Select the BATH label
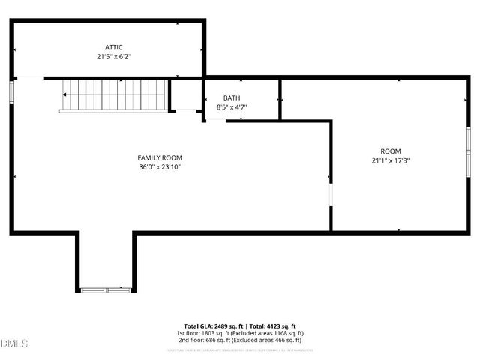coord(232,98)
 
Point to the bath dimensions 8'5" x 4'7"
coord(232,107)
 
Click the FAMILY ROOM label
coord(159,157)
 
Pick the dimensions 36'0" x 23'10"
coord(159,166)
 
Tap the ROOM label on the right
coord(391,151)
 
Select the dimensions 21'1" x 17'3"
coord(391,160)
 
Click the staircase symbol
coord(114,95)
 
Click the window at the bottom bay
coord(106,289)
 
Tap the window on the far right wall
coord(467,152)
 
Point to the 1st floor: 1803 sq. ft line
coord(240,333)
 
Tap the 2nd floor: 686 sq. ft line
coord(240,340)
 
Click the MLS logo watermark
coord(14,343)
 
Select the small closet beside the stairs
coord(185,94)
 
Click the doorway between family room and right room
coord(331,194)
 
